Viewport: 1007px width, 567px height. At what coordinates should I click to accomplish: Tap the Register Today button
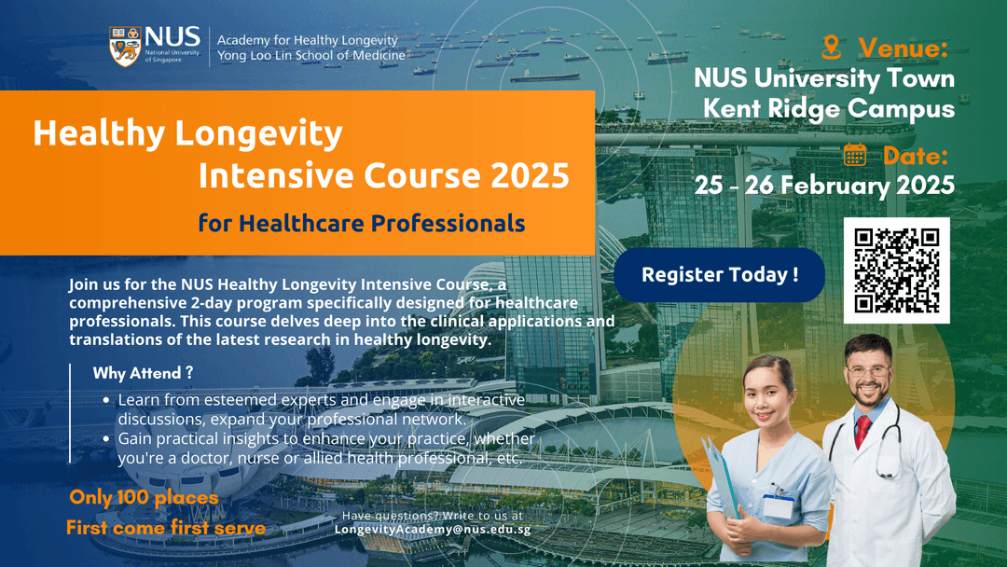click(x=719, y=275)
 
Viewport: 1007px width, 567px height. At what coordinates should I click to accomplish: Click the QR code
click(x=896, y=270)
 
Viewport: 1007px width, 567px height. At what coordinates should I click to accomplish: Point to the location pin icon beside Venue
click(x=831, y=47)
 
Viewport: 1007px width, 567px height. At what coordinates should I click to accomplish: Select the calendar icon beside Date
click(x=855, y=155)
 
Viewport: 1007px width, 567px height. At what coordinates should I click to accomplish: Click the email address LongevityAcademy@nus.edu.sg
click(x=433, y=529)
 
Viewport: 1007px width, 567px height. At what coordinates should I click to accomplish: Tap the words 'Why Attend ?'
click(x=143, y=373)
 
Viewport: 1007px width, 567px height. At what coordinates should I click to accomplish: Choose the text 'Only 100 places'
click(x=144, y=498)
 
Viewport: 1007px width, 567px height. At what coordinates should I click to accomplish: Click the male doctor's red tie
click(x=862, y=431)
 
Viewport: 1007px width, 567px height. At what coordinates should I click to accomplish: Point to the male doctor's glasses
click(x=868, y=371)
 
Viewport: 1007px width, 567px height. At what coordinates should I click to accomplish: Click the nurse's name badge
click(x=777, y=505)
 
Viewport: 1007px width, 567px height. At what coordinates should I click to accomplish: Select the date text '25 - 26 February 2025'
click(x=824, y=185)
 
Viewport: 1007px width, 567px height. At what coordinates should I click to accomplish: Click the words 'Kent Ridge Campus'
click(x=829, y=108)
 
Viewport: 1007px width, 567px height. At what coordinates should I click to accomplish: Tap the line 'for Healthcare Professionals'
click(x=361, y=224)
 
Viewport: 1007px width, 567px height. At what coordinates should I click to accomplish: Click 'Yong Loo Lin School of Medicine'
click(x=310, y=56)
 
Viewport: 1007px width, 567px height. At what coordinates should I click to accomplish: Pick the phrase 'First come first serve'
click(x=165, y=528)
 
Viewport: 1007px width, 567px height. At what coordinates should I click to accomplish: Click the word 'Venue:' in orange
click(x=903, y=48)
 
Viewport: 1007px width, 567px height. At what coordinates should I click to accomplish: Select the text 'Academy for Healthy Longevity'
click(x=307, y=40)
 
